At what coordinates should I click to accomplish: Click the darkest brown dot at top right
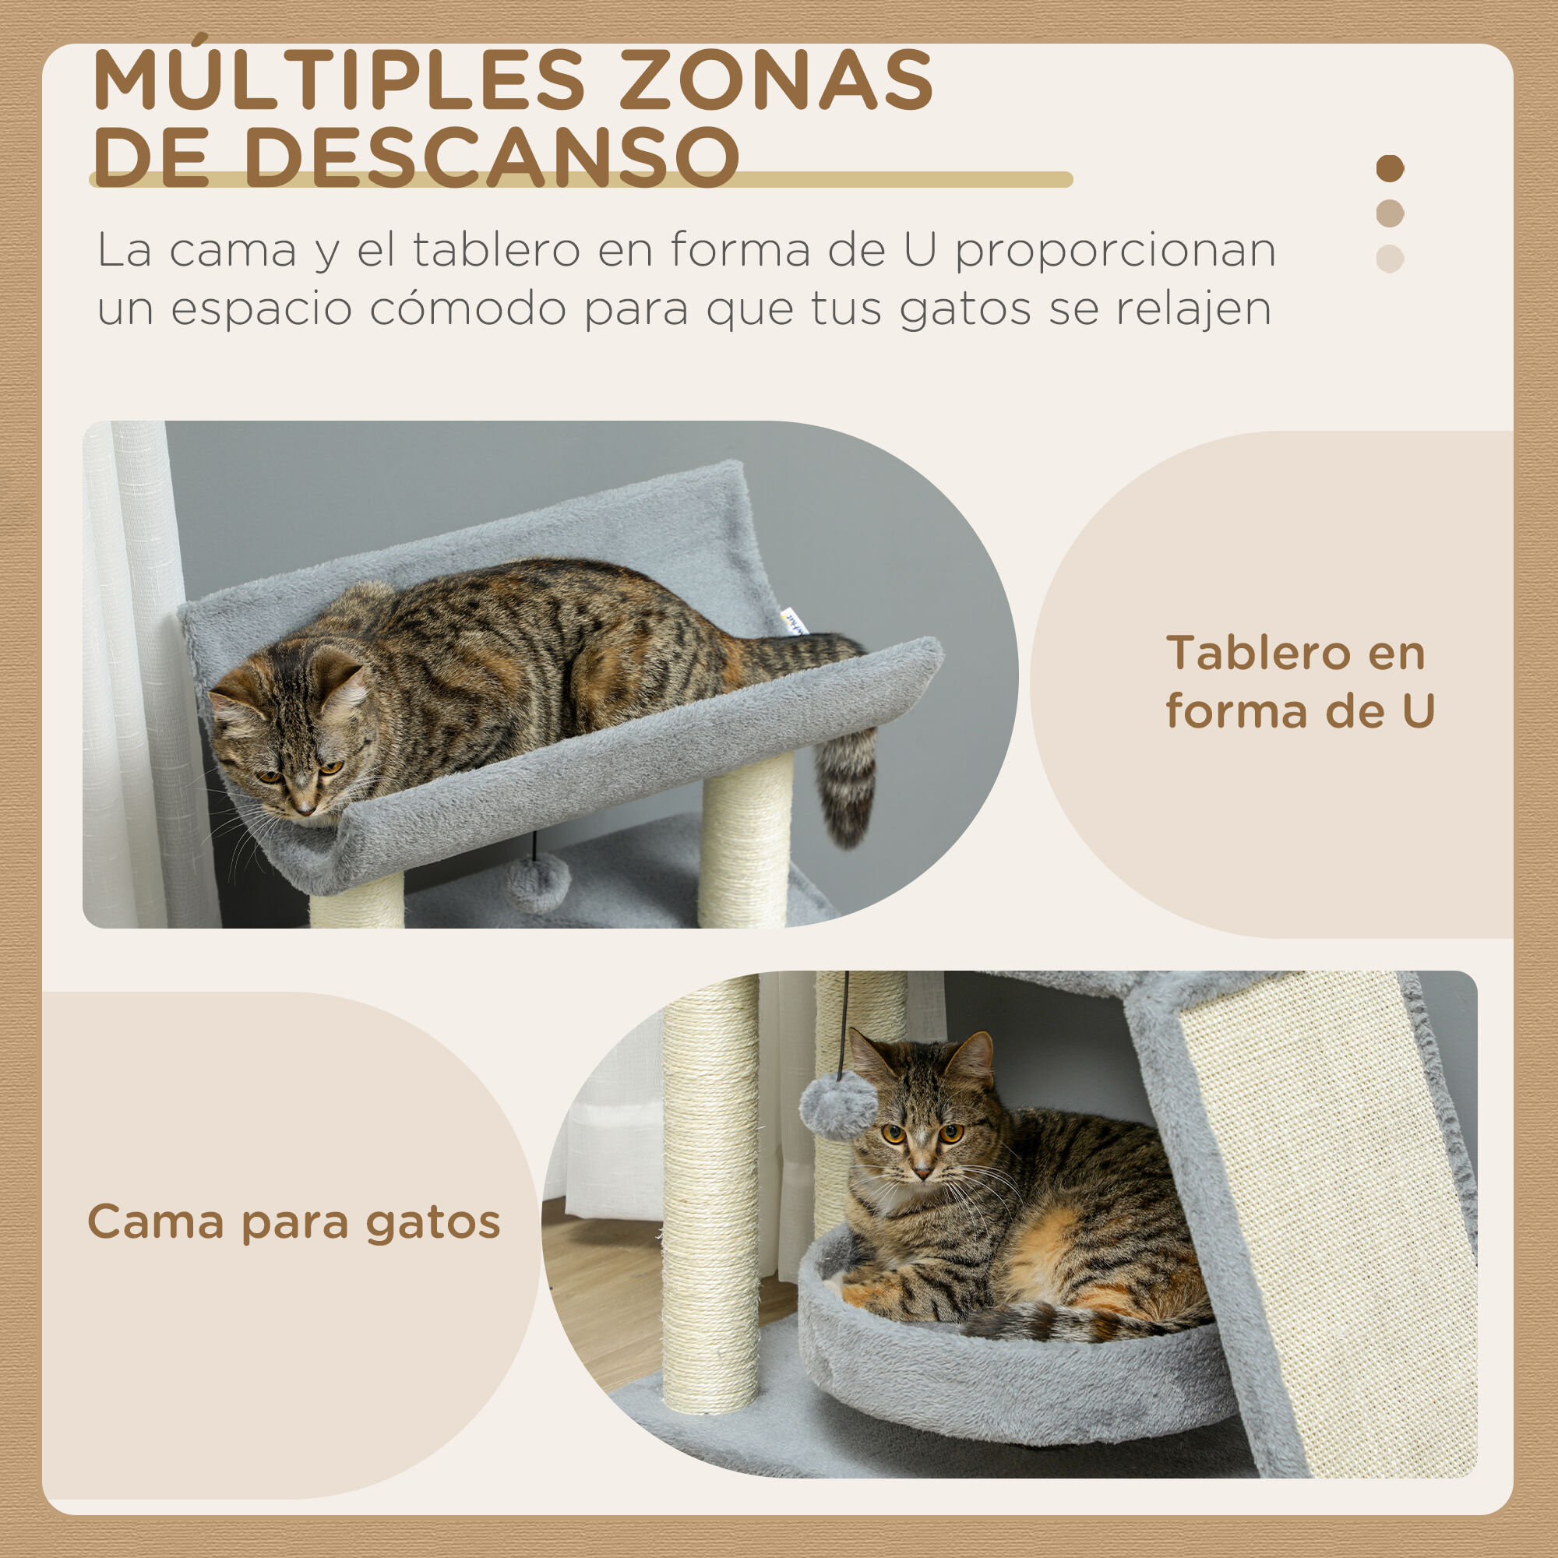pyautogui.click(x=1390, y=168)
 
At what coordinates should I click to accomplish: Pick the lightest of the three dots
pyautogui.click(x=1390, y=259)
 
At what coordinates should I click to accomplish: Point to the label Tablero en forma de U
pyautogui.click(x=1299, y=682)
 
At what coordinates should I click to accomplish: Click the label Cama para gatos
pyautogui.click(x=294, y=1221)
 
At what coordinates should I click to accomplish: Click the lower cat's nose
pyautogui.click(x=922, y=1168)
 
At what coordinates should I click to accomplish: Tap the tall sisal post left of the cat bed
pyautogui.click(x=710, y=1193)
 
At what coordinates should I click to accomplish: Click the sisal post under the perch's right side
pyautogui.click(x=746, y=839)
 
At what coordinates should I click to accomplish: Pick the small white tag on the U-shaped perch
pyautogui.click(x=796, y=622)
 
